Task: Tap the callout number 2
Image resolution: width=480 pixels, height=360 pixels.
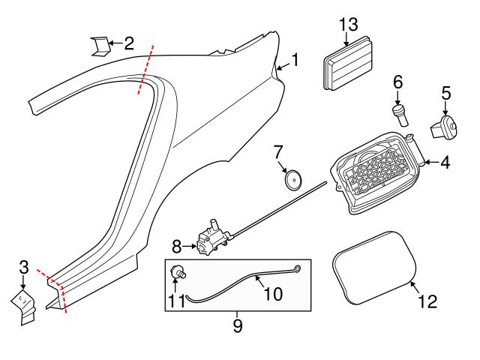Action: coord(128,43)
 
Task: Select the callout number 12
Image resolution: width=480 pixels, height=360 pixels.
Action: coord(427,302)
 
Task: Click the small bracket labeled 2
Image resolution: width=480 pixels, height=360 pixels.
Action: coord(98,46)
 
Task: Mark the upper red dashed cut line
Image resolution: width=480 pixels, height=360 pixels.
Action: coord(145,69)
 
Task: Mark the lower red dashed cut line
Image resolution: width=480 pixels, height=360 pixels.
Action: coord(55,291)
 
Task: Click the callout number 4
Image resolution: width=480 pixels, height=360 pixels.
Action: coord(445,161)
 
